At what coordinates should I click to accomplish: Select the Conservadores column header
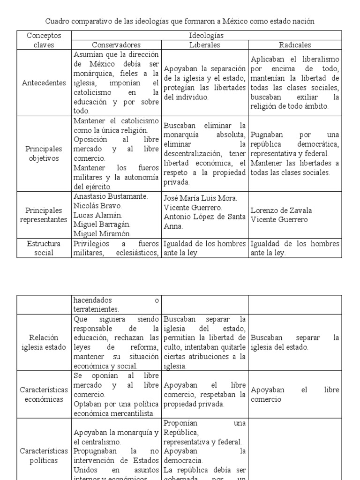tap(116, 45)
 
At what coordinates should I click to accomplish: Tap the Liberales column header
tap(204, 45)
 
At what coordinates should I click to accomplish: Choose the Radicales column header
tap(295, 45)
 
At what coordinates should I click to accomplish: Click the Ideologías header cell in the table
tap(206, 36)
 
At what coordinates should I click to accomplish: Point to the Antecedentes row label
tap(44, 83)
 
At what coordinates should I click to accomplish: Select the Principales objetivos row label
tap(44, 153)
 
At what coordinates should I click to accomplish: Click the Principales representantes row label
tap(44, 215)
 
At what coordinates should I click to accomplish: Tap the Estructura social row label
tap(44, 248)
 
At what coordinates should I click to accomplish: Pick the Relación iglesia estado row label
tap(44, 342)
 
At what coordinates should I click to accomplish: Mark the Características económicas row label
tap(44, 394)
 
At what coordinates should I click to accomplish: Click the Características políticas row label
tap(44, 456)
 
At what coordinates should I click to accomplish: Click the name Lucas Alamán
tap(98, 215)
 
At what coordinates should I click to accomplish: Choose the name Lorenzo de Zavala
tap(280, 210)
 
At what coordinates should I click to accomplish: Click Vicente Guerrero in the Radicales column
tap(279, 220)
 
